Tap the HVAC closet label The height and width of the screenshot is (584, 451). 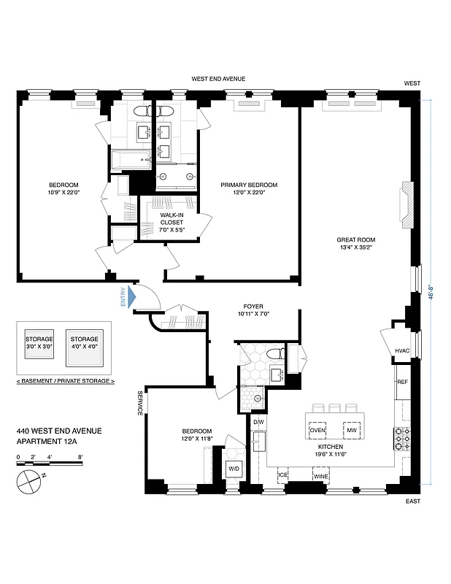403,351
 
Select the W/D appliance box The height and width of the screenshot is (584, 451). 234,468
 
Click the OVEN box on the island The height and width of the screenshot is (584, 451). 317,430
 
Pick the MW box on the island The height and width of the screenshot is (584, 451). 351,430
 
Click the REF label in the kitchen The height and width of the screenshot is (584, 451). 402,382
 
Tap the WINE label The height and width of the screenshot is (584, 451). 320,476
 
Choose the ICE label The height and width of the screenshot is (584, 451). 283,476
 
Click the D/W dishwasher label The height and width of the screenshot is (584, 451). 258,422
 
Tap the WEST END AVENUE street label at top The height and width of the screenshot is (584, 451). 218,78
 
